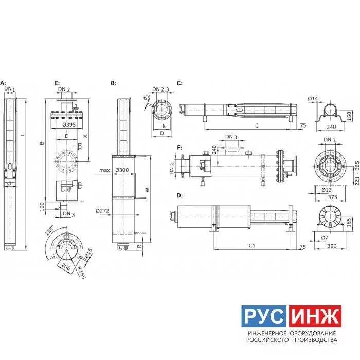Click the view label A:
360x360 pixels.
point(3,83)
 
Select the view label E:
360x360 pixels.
point(57,83)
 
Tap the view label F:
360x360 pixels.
point(179,148)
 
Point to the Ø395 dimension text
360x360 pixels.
point(69,124)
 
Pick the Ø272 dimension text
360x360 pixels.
point(102,211)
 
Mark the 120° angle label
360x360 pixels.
point(49,230)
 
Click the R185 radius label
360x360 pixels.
point(81,273)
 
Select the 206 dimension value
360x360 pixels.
point(66,267)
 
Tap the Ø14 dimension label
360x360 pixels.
point(313,99)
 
